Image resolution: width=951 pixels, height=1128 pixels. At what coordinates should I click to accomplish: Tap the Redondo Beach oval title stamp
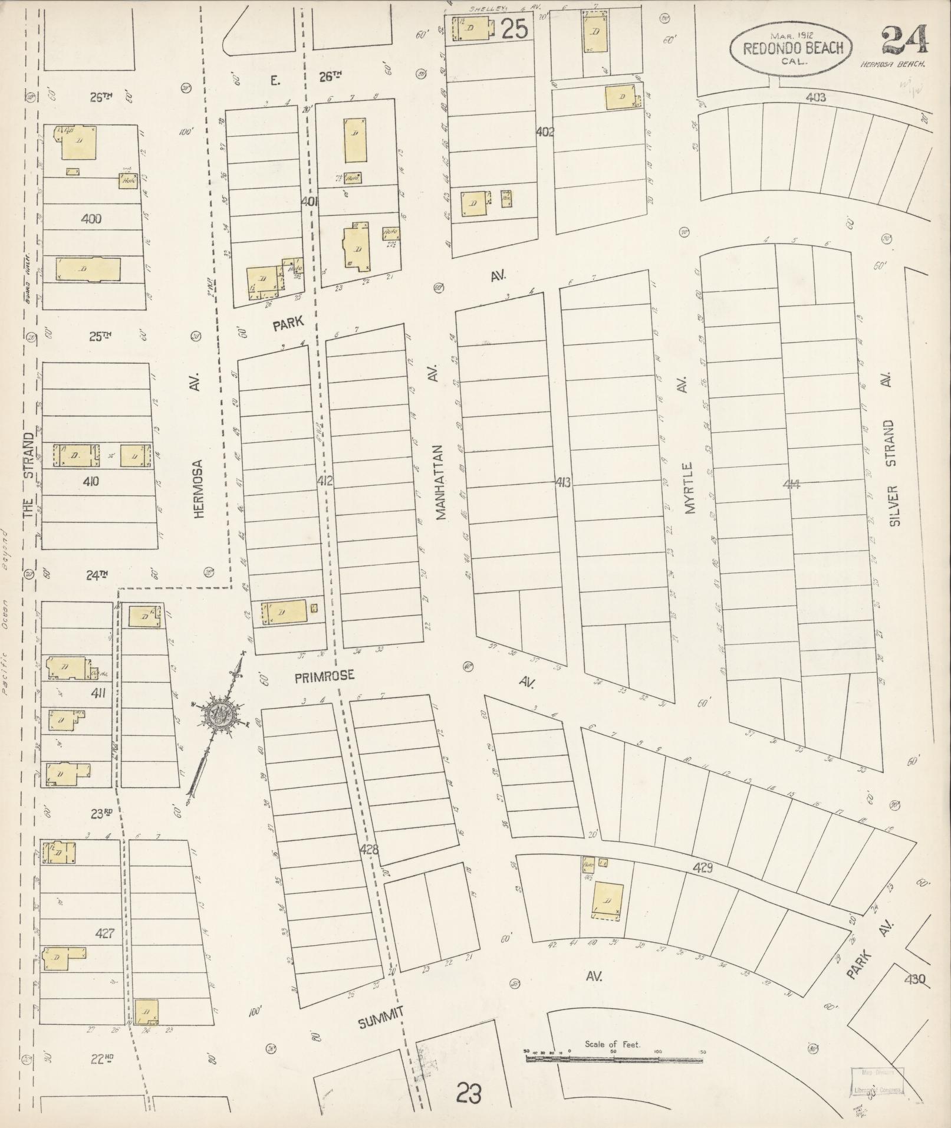(790, 48)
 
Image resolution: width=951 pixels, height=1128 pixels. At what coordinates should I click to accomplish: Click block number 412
(324, 481)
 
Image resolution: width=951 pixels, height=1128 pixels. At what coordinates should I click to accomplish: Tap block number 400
(91, 219)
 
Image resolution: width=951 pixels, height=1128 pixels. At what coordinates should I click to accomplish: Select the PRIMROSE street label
(325, 676)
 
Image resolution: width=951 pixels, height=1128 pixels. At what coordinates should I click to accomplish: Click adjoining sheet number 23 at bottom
(469, 1094)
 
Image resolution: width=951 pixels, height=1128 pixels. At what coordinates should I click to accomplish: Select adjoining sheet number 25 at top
(514, 29)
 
